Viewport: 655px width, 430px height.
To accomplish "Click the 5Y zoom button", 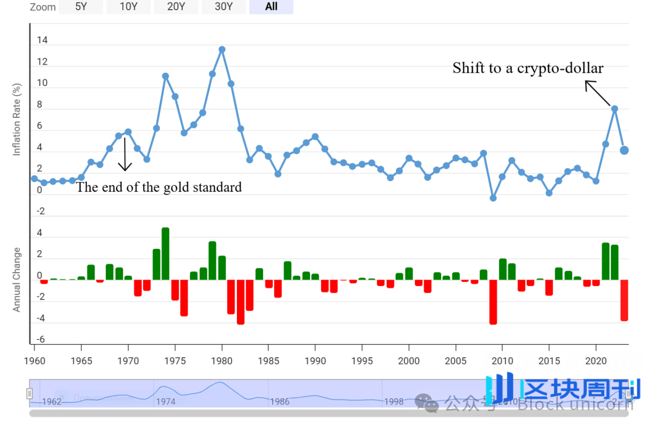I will click(x=81, y=7).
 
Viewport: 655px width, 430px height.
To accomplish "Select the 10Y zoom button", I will click(x=128, y=7).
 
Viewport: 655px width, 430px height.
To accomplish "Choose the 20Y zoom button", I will click(x=176, y=7).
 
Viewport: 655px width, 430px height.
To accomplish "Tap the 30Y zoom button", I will click(x=224, y=7).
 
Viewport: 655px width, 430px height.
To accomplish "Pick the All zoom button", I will click(x=271, y=7).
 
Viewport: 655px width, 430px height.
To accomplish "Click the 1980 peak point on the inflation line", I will click(x=222, y=50).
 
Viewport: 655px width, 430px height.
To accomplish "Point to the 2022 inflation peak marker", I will click(x=615, y=109).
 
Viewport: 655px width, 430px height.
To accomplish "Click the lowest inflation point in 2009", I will click(x=493, y=198).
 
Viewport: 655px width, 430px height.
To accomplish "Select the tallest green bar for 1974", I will click(x=165, y=253).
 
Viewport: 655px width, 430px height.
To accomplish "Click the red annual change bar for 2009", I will click(x=493, y=302).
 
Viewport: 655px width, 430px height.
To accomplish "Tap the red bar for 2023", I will click(x=624, y=300).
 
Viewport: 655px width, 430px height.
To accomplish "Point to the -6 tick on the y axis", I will click(x=40, y=340).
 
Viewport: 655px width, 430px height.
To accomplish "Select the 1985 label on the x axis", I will click(x=268, y=361).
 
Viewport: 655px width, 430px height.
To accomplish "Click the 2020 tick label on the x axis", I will click(x=596, y=361).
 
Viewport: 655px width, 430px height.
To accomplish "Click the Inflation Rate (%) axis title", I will click(x=17, y=119).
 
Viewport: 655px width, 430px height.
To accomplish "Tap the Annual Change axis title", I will click(x=17, y=279).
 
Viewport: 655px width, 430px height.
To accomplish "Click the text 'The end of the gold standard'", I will click(x=159, y=187).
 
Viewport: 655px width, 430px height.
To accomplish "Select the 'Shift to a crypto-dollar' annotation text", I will click(x=528, y=68).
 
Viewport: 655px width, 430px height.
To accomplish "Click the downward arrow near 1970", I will click(x=125, y=154).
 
